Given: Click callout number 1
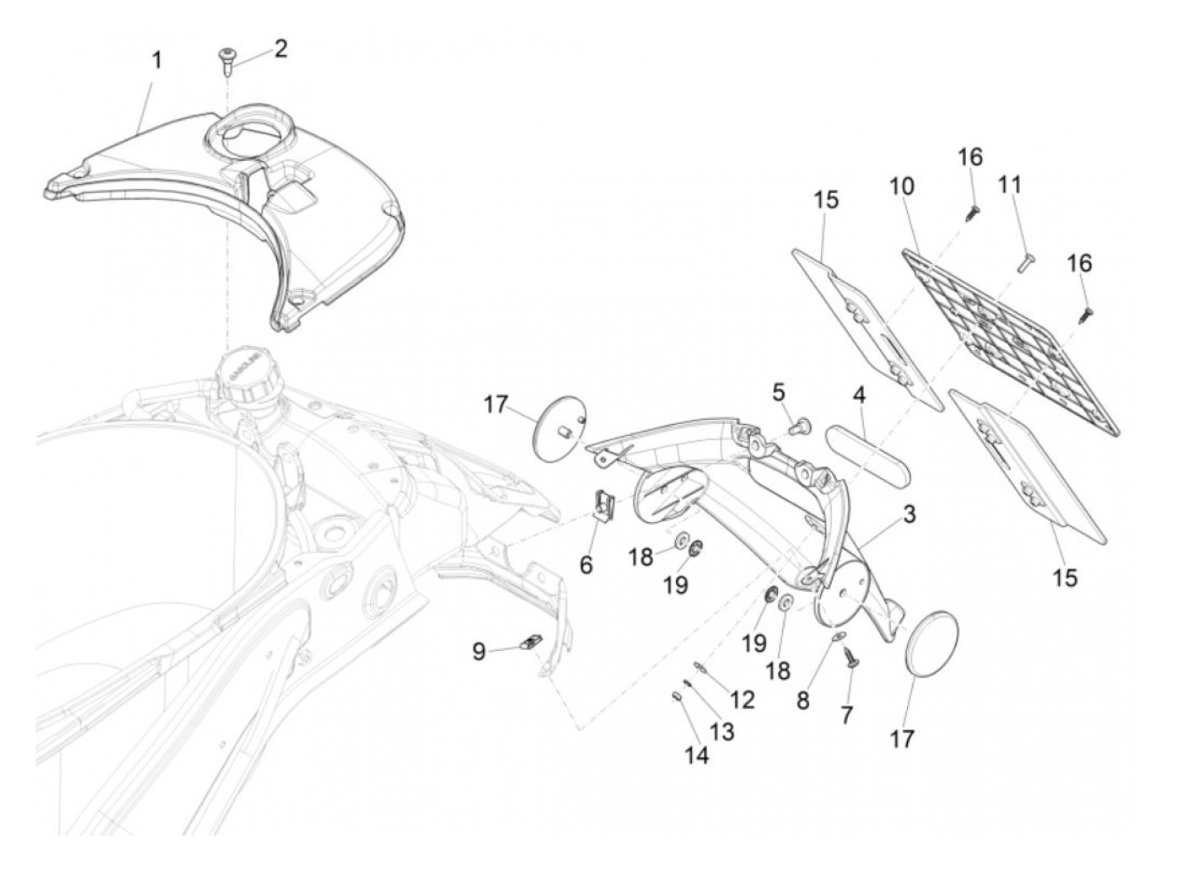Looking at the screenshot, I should point(157,61).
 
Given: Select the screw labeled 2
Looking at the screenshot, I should point(227,59).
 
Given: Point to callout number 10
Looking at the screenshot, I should point(902,186).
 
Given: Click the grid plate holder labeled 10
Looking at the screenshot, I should point(1011,337).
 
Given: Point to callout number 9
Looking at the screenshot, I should point(479,652).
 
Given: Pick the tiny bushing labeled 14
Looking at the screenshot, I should point(676,696).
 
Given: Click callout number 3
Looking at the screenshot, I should point(909,513).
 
